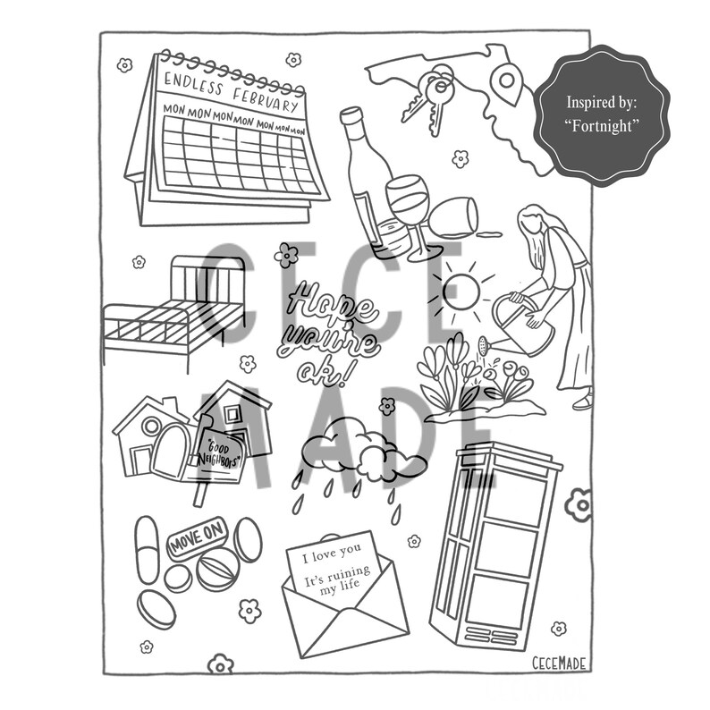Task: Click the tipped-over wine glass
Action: click(453, 217)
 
